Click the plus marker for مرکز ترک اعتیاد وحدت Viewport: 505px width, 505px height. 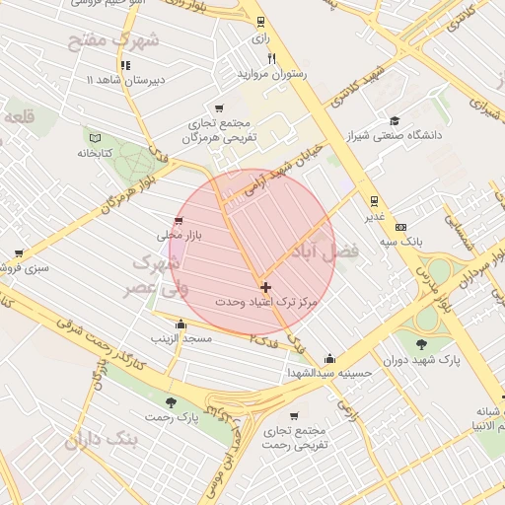click(265, 286)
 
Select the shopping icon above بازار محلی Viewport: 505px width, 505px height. click(178, 221)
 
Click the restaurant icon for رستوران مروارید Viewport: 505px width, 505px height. click(271, 58)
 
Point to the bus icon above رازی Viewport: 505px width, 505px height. click(260, 21)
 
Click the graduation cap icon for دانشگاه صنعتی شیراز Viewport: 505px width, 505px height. click(395, 120)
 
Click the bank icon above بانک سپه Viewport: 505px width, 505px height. click(400, 227)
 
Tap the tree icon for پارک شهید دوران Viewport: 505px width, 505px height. click(421, 344)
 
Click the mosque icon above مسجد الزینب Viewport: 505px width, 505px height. click(180, 324)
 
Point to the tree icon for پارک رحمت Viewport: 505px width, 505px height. click(172, 402)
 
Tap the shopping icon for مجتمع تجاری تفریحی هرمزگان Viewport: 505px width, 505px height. click(218, 109)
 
